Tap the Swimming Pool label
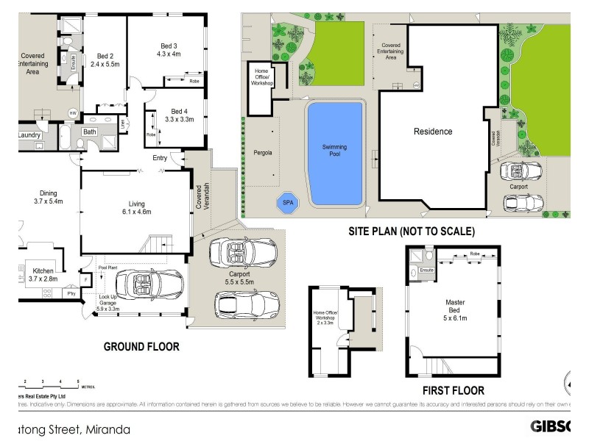pos(334,151)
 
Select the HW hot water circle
pos(73,113)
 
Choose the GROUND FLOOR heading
pos(141,346)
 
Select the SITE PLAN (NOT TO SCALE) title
pos(412,231)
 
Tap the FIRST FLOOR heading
pos(454,390)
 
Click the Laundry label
pos(28,135)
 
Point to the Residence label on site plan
pos(432,132)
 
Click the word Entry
pos(160,158)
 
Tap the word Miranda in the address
pos(107,429)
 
